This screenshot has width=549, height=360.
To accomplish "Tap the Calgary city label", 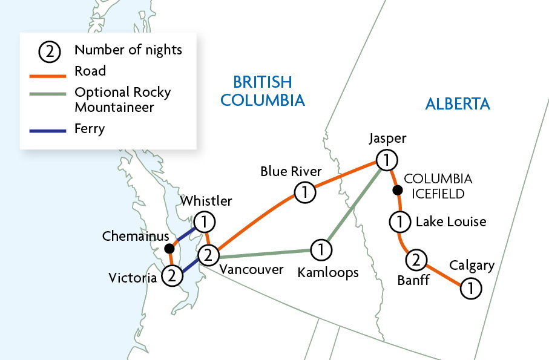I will pyautogui.click(x=472, y=266).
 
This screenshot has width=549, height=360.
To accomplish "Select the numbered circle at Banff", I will pyautogui.click(x=416, y=260).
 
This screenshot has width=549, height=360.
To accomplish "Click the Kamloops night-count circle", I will pyautogui.click(x=321, y=249).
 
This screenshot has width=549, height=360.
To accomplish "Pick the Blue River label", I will pyautogui.click(x=291, y=171).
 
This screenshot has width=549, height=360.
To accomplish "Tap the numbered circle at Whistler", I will pyautogui.click(x=205, y=222).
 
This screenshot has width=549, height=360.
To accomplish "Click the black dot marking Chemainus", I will pyautogui.click(x=171, y=248).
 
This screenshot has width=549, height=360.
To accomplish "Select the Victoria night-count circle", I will pyautogui.click(x=173, y=276).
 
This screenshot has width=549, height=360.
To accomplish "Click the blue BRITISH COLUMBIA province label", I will pyautogui.click(x=263, y=91).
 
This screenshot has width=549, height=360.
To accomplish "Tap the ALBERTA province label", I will pyautogui.click(x=458, y=103).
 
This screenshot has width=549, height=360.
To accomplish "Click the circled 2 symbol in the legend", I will pyautogui.click(x=50, y=51).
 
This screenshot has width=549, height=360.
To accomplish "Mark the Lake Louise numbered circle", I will pyautogui.click(x=399, y=222).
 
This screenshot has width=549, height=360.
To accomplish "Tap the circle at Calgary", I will pyautogui.click(x=470, y=289).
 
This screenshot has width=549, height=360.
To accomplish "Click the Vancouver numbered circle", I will pyautogui.click(x=208, y=255).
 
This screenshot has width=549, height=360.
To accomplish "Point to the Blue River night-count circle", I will pyautogui.click(x=305, y=194).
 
